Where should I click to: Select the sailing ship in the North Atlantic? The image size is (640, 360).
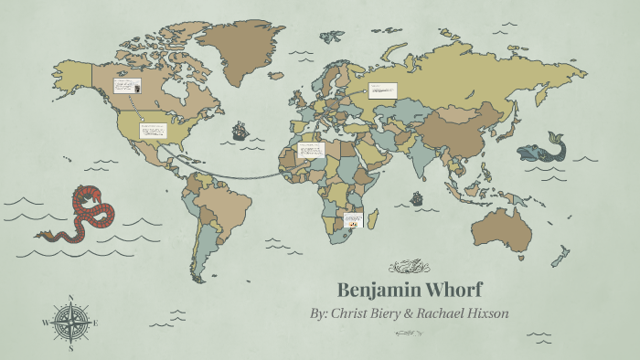point(240,130)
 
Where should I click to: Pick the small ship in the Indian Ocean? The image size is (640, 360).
point(417,197)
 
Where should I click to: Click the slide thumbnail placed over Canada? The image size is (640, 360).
point(126,86)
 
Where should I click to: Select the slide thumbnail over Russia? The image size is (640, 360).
point(383,90)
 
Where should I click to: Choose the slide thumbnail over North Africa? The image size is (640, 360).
point(311,149)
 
